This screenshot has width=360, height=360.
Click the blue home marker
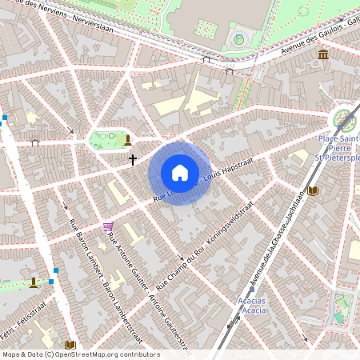point(180,173)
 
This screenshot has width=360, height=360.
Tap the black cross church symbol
point(133,159)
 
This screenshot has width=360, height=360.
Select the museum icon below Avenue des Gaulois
point(323,54)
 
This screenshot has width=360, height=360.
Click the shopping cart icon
point(108,227)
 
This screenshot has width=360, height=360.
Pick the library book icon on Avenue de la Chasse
point(312,190)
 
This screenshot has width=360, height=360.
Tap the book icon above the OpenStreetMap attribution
point(70,345)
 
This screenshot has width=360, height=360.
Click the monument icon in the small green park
point(127,140)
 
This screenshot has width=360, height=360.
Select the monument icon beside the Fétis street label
point(33,282)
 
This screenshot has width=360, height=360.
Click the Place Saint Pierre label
point(339,147)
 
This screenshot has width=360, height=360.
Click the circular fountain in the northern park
point(238,38)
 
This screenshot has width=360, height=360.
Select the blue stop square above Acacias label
point(252,290)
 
